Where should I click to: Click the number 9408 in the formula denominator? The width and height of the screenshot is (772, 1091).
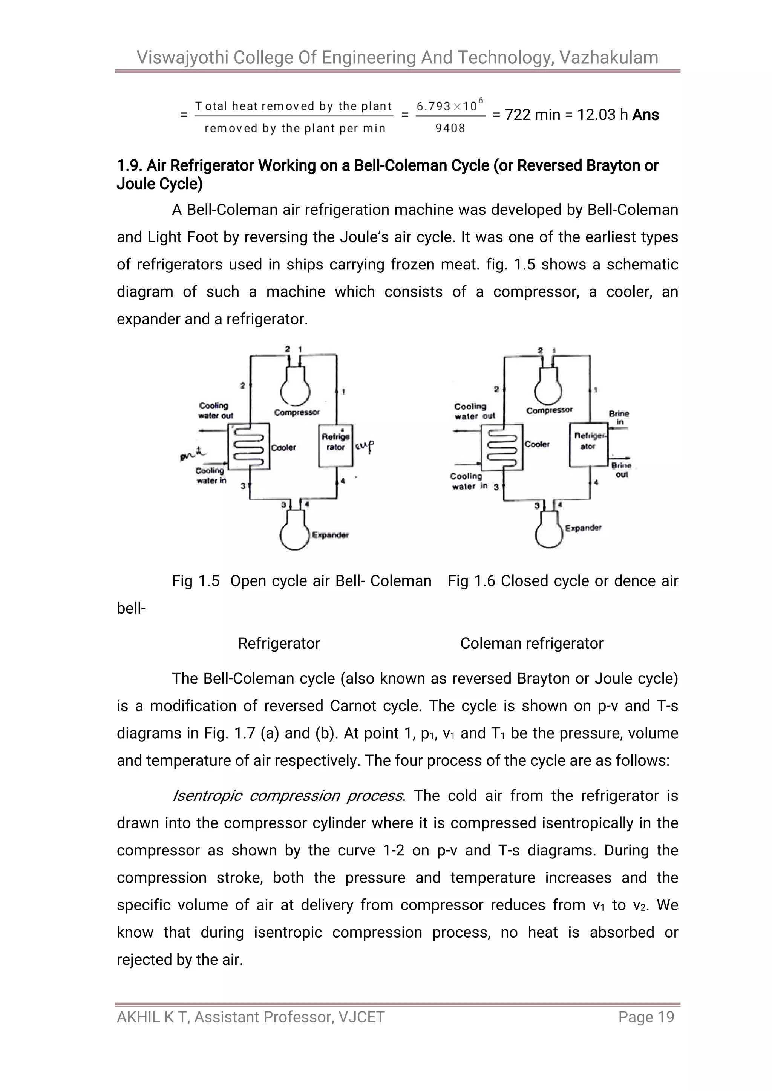450,128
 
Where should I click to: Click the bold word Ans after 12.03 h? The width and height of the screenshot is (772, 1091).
646,115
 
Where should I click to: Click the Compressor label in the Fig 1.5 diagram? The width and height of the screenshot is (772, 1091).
297,412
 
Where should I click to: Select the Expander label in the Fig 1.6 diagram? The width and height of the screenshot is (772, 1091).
583,528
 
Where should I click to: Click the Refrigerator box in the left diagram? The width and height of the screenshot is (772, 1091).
335,445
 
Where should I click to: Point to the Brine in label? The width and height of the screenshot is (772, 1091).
619,418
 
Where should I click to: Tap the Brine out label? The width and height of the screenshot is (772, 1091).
621,470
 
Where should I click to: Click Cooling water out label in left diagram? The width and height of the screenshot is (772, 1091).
215,410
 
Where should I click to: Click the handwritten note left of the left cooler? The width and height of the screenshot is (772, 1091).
193,456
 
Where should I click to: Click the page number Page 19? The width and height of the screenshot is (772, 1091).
646,1017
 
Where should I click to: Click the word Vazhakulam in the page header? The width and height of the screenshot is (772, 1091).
608,58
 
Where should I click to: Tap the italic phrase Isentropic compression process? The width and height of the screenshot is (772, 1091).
288,796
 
